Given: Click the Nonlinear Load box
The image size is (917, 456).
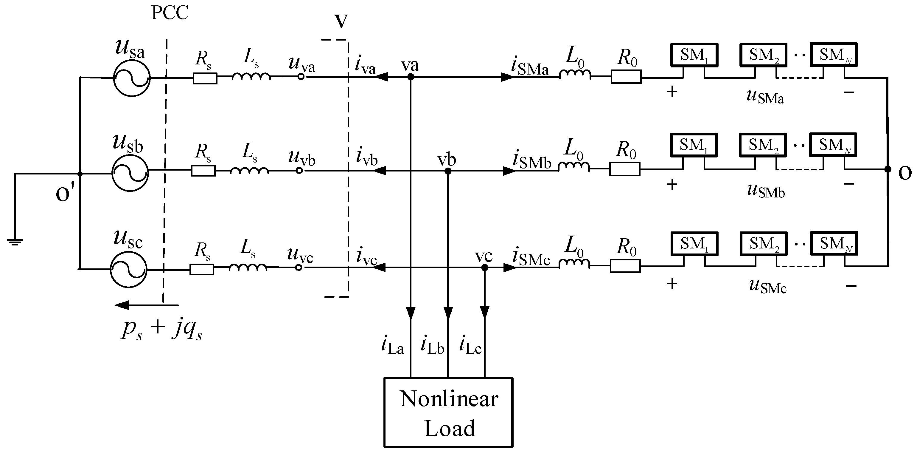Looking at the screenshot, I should click(x=449, y=412).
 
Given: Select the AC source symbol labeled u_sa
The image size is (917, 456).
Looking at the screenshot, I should click(x=132, y=78).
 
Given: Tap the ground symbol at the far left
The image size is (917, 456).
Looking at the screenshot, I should click(x=15, y=242).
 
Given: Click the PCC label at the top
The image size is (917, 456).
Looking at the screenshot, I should click(x=170, y=13).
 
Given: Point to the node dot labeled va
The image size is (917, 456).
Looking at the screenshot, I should click(x=411, y=77).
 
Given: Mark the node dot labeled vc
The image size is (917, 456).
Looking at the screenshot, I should click(x=484, y=268).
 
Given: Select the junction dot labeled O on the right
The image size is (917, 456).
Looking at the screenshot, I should click(x=888, y=169).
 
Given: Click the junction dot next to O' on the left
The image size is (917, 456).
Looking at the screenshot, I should click(x=80, y=174).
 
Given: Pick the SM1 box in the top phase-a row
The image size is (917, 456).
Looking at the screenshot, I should click(x=694, y=55).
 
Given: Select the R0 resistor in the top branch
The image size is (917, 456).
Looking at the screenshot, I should click(x=626, y=77).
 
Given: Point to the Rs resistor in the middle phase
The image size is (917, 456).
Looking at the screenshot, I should click(x=203, y=171).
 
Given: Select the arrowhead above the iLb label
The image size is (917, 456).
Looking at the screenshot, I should click(x=448, y=313).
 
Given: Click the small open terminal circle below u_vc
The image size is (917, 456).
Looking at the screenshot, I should click(x=299, y=267).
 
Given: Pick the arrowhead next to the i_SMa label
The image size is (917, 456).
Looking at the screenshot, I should click(x=507, y=77).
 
